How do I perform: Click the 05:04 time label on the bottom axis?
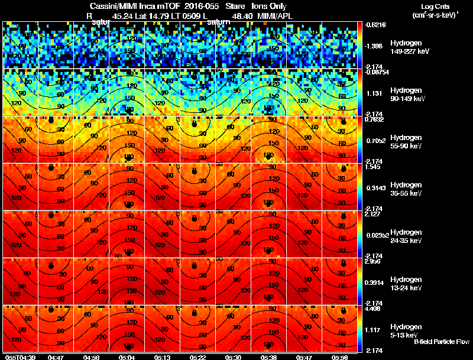click(127, 357)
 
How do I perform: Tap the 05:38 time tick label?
click(268, 357)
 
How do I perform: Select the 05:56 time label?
click(339, 357)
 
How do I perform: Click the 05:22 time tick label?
click(197, 357)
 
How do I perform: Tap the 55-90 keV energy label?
click(406, 146)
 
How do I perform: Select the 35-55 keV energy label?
click(406, 193)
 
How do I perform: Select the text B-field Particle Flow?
click(441, 342)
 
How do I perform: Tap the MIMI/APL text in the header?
click(274, 16)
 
